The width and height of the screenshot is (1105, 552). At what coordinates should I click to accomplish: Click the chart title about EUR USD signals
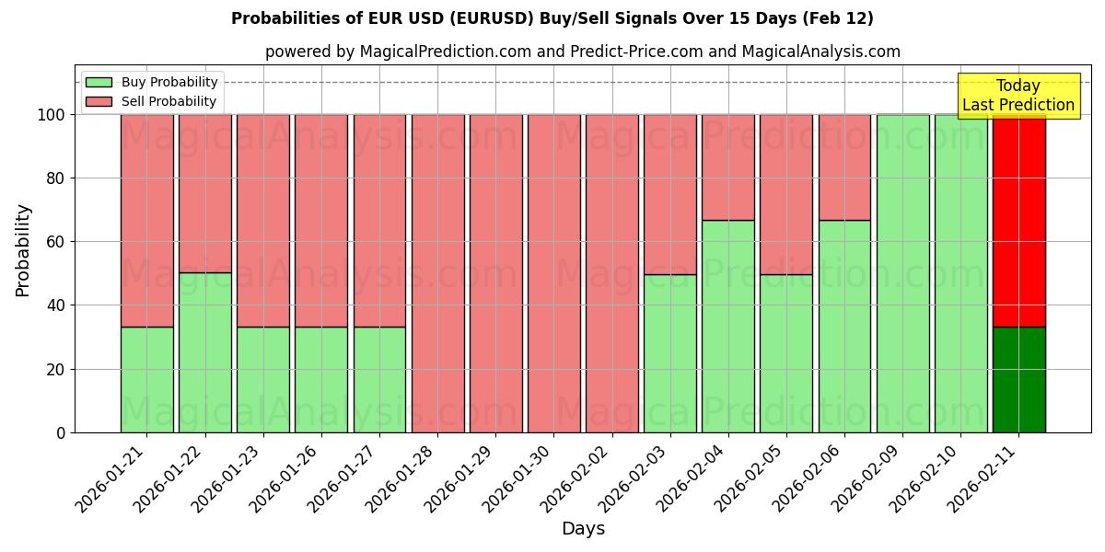click(552, 18)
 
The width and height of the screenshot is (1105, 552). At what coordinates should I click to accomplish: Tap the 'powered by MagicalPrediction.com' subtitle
click(582, 52)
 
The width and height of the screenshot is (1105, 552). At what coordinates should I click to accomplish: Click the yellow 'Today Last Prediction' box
click(1018, 96)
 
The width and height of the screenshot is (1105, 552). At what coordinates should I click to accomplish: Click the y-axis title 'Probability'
click(23, 250)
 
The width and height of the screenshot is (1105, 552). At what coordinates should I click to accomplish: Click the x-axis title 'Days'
click(583, 529)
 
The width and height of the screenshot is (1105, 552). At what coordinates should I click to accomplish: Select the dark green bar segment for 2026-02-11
click(1018, 379)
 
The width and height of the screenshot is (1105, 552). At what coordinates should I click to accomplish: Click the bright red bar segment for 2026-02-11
click(1018, 221)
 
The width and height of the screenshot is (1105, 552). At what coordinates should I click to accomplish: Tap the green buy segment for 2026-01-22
click(204, 352)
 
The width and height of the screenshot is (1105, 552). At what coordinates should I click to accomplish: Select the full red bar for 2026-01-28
click(437, 273)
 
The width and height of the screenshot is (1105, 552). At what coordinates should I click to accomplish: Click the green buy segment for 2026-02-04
click(728, 326)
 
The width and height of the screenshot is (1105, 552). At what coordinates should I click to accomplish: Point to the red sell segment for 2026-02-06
click(844, 167)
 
